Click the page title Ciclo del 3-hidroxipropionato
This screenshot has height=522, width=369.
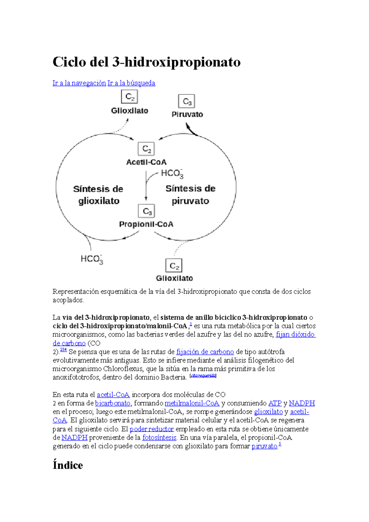point(146,62)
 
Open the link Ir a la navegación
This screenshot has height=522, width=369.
point(79,83)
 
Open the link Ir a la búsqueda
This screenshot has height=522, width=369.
point(131,83)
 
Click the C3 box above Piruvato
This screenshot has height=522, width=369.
point(187,101)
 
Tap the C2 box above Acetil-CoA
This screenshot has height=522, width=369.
point(146,149)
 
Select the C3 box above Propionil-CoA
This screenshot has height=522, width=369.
point(146,211)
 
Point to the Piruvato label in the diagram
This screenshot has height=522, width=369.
point(187,114)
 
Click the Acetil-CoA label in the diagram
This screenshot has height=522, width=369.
point(146,162)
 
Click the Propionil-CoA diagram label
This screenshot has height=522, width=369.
point(146,224)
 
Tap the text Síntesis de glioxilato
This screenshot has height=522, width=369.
point(98,195)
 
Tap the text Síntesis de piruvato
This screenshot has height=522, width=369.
point(190,195)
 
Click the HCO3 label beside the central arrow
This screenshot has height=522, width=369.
point(172,174)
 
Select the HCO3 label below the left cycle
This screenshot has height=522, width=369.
point(92,259)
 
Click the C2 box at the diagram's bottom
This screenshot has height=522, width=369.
point(174,266)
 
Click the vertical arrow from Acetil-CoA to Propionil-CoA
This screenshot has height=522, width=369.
point(146,186)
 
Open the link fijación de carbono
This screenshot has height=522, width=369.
point(205,352)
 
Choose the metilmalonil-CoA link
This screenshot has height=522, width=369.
point(192,403)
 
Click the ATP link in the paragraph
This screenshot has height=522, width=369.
point(275,403)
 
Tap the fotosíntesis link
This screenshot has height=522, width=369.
point(159,437)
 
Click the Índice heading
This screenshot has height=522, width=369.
point(68,465)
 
